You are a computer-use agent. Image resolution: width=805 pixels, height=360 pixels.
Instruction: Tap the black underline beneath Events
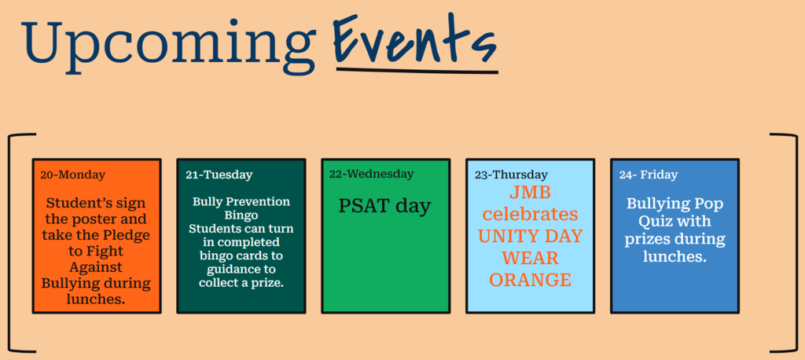[417, 69]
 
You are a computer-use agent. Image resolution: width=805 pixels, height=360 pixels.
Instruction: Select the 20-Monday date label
[73, 174]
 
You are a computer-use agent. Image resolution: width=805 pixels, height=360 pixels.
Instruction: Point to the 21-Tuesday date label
[219, 174]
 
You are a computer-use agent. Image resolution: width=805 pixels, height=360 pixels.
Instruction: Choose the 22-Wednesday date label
[371, 174]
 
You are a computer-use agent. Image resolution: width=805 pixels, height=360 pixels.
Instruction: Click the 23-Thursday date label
[511, 174]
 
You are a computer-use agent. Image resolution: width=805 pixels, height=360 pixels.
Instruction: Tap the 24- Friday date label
[649, 174]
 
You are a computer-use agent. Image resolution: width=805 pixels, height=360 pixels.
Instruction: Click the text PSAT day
[384, 206]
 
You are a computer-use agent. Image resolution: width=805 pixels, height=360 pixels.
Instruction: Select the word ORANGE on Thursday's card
[530, 280]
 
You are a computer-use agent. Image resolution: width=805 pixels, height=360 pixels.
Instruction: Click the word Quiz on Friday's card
[656, 222]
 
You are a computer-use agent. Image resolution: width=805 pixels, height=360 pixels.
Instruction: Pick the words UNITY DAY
[531, 237]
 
